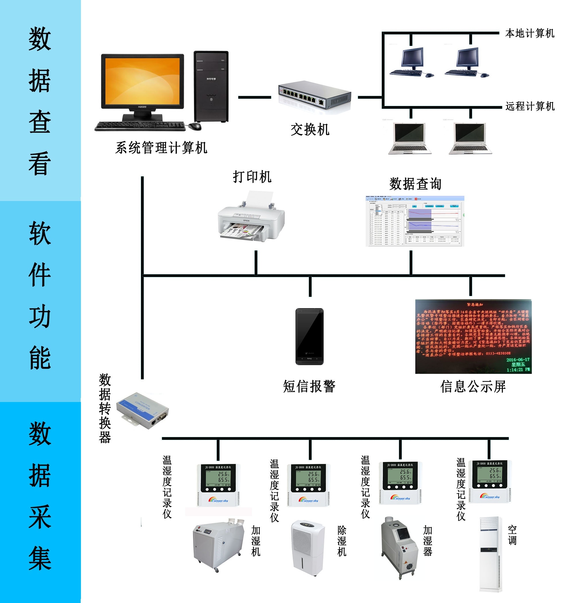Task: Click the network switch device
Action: tap(315, 95)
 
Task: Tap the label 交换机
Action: tap(310, 130)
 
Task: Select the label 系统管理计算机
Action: tap(161, 148)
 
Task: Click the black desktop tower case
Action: tap(211, 86)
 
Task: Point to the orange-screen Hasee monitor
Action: tap(143, 82)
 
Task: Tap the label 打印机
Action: tap(252, 177)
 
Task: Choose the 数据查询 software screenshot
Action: tap(415, 221)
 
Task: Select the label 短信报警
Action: tap(309, 386)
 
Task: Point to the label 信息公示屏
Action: tap(473, 386)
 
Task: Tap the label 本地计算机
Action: tap(530, 33)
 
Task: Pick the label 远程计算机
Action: tap(530, 106)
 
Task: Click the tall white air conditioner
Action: tap(490, 554)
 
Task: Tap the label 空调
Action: tap(512, 535)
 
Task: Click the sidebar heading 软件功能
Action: tap(40, 295)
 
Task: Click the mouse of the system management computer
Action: tap(195, 126)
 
